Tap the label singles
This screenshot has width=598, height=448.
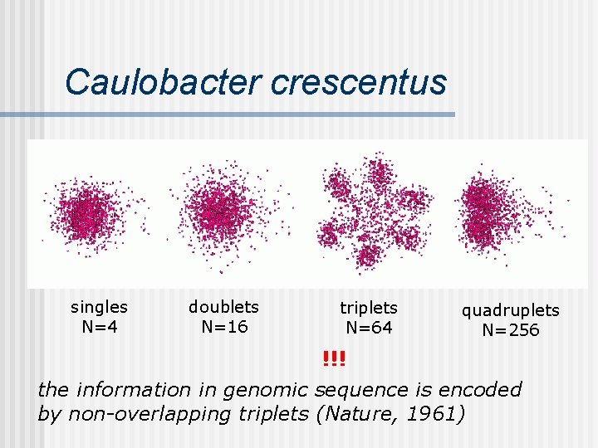coord(100,307)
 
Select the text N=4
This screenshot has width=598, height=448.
coord(100,326)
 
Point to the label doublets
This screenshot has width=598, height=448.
coord(223,307)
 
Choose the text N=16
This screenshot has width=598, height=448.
coord(224,326)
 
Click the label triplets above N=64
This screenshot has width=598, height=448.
coord(369,308)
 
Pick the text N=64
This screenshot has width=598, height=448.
coord(369,328)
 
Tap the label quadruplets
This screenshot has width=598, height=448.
coord(511,310)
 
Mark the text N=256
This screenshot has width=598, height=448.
coord(511,330)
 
